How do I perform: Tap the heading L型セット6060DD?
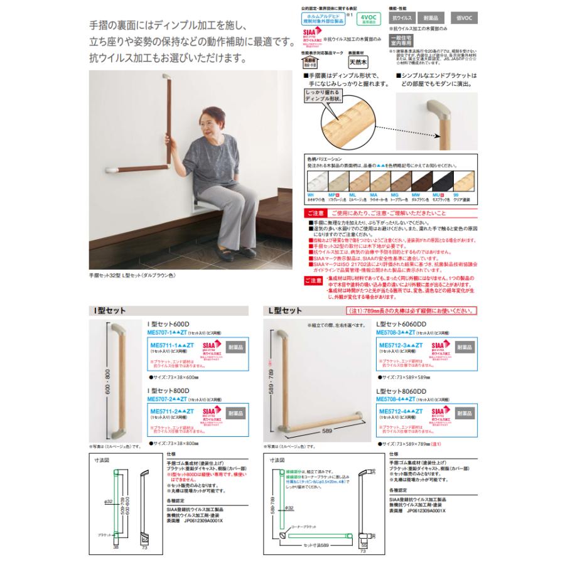[x=402, y=324]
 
